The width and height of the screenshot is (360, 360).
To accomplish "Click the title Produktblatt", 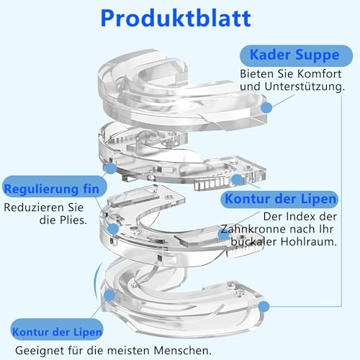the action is tap(176, 19).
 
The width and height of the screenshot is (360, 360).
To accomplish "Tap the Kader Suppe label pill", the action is tap(296, 55).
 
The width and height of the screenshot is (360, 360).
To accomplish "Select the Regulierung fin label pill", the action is tap(54, 188).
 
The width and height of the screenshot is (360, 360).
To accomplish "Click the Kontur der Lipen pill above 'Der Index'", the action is tap(279, 199).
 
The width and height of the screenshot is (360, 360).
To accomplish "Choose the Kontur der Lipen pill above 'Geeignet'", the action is tap(57, 333).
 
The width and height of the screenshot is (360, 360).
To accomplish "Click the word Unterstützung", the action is tap(305, 86).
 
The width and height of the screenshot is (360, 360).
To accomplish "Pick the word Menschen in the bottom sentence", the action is tap(183, 351).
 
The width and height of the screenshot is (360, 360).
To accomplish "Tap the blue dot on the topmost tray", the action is tap(266, 107).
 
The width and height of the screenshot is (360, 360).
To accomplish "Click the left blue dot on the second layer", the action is tap(111, 168).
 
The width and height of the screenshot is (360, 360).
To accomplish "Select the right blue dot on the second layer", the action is tap(237, 179).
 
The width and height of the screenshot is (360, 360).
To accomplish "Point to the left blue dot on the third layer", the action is tap(113, 229).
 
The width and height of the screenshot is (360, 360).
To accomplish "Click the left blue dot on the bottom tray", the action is tap(109, 294).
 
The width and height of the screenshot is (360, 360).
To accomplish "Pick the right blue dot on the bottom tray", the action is tap(264, 307).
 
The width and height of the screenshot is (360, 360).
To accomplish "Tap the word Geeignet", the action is tap(40, 351).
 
